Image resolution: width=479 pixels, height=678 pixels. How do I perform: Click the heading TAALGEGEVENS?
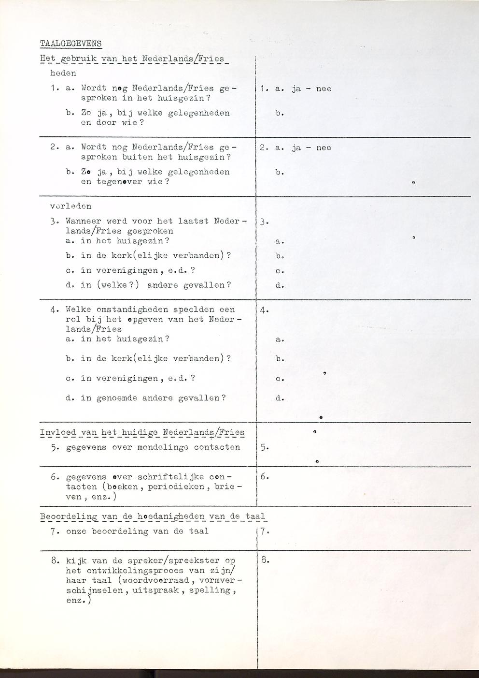pos(70,44)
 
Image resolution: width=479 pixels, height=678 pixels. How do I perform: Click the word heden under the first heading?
pos(63,74)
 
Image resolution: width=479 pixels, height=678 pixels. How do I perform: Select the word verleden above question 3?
pos(70,206)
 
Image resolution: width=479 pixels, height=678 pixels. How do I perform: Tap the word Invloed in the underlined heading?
pos(58,432)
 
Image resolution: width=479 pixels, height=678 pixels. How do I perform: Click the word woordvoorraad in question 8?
pos(154,580)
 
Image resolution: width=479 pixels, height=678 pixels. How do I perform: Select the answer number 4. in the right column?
pos(264,310)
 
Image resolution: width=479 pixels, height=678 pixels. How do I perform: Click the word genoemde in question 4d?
pos(116,398)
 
